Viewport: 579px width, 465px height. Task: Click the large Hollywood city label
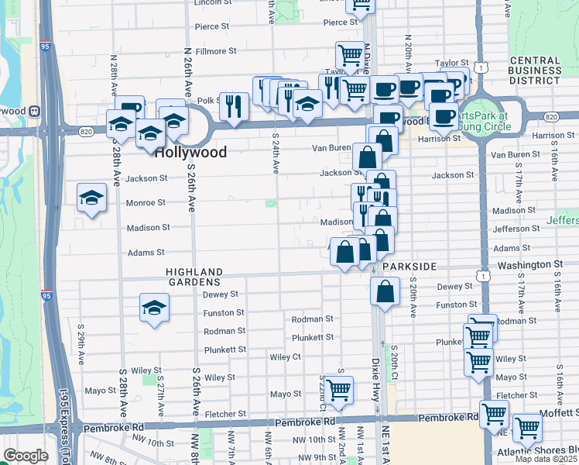190,153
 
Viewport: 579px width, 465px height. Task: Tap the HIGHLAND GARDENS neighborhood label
194,273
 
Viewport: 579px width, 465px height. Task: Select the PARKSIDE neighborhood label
409,267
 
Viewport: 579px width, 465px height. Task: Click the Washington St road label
530,264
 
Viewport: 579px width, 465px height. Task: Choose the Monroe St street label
146,203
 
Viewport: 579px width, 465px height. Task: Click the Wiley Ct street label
285,357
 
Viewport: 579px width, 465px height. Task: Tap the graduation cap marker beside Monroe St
91,198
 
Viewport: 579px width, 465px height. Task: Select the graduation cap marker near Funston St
154,307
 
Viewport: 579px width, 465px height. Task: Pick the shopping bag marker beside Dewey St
384,292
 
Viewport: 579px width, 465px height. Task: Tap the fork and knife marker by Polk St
234,106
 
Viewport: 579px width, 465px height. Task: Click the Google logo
26,456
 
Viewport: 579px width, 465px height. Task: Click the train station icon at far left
34,111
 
